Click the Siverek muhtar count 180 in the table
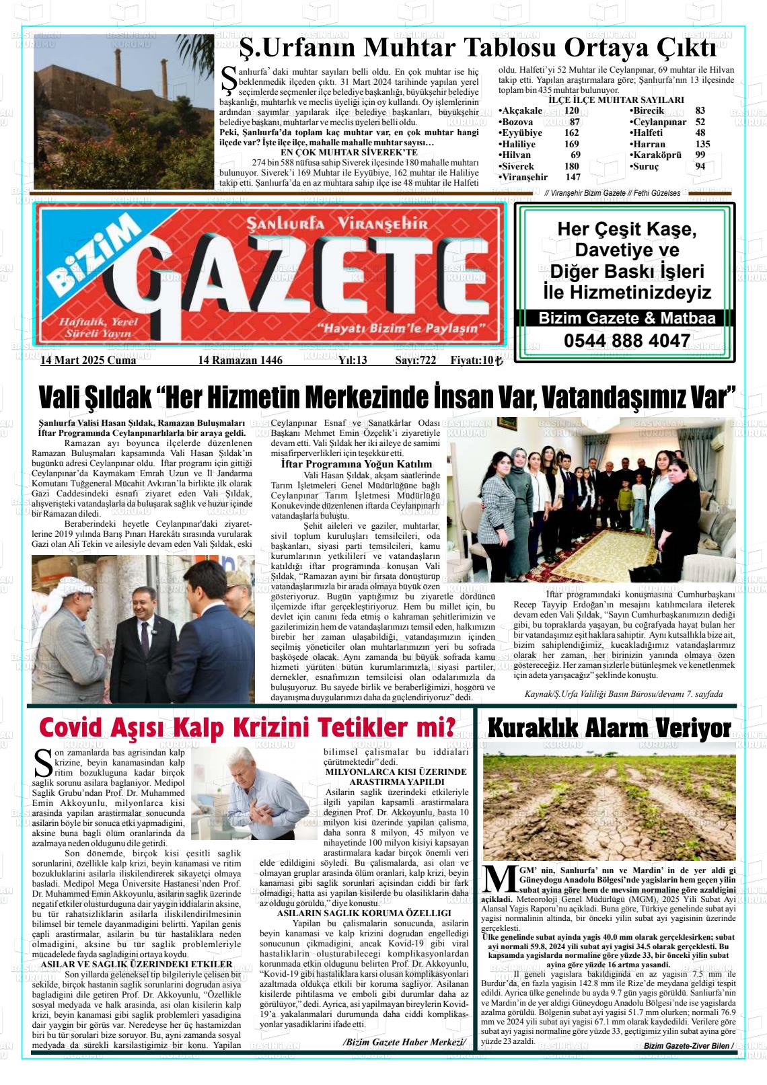[x=571, y=166]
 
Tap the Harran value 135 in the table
[x=702, y=144]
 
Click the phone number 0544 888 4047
[x=627, y=340]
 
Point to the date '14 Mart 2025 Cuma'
[x=88, y=361]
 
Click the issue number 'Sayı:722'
[x=416, y=361]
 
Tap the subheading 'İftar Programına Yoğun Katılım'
[x=356, y=464]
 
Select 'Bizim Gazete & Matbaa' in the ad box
[x=626, y=319]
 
